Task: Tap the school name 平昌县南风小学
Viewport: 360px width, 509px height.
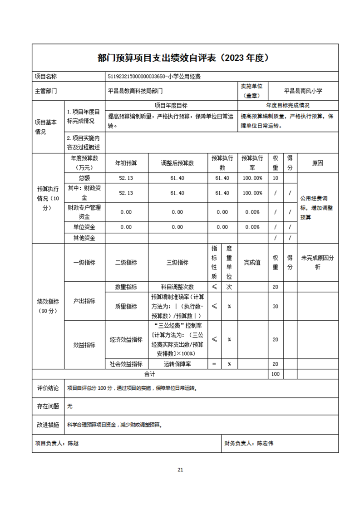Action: (x=303, y=91)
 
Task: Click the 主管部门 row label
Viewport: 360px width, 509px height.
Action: (x=46, y=91)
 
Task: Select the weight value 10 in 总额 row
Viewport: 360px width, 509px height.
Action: (x=275, y=178)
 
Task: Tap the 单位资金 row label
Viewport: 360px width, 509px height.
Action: (x=84, y=227)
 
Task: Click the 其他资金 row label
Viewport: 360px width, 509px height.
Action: (x=84, y=238)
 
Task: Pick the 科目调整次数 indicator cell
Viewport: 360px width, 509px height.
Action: (x=177, y=287)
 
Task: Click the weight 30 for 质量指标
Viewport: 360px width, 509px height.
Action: (x=275, y=306)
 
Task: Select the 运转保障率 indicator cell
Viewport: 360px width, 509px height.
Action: (x=177, y=364)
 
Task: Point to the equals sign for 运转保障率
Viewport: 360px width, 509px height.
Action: (x=214, y=364)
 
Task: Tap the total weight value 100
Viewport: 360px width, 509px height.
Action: (x=275, y=374)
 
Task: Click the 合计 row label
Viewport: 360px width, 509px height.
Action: (x=149, y=374)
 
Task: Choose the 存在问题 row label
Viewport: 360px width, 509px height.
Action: (x=48, y=406)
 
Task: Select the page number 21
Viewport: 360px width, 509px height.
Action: (x=180, y=470)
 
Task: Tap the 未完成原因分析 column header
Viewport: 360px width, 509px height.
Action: (x=317, y=262)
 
